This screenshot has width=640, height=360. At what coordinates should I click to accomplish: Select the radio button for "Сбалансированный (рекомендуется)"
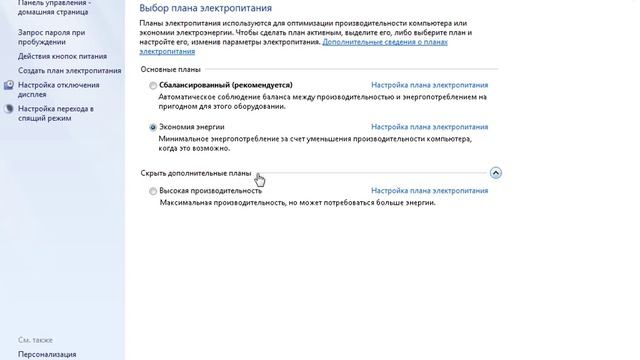[153, 86]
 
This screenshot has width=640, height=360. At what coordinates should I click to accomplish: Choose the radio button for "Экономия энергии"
[153, 128]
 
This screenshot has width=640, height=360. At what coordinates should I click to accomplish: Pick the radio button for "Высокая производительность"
[153, 190]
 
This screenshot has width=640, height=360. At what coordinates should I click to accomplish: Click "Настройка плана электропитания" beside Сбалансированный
[429, 86]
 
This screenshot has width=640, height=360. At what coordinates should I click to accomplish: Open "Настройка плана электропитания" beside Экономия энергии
[429, 128]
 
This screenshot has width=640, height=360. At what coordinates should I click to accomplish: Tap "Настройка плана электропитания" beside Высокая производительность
[429, 190]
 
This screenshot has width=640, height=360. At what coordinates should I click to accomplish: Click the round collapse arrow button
[496, 173]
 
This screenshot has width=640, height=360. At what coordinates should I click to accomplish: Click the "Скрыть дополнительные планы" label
[196, 173]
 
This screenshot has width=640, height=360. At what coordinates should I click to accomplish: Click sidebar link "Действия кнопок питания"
[61, 57]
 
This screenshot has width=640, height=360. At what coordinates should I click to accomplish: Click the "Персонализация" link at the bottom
[47, 353]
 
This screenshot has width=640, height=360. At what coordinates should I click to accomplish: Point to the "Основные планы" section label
[170, 70]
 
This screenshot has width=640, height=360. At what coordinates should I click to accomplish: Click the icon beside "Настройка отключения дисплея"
[9, 86]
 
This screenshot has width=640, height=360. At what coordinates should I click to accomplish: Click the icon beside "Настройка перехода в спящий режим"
[9, 108]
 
